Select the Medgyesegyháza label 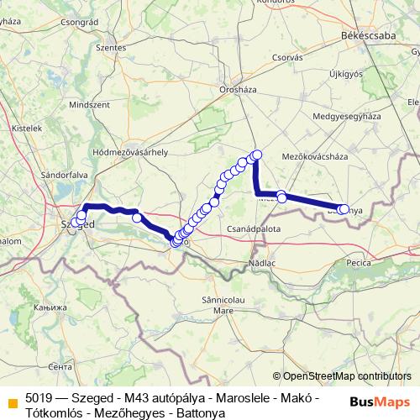point(347,116)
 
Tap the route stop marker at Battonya point(344,209)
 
